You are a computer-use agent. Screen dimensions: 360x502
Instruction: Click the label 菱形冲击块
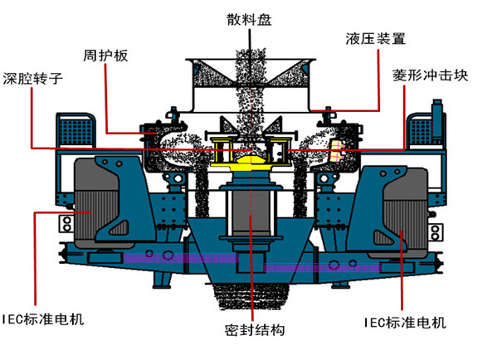[x=431, y=75]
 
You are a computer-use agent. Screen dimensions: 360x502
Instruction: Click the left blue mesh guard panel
[x=70, y=129]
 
